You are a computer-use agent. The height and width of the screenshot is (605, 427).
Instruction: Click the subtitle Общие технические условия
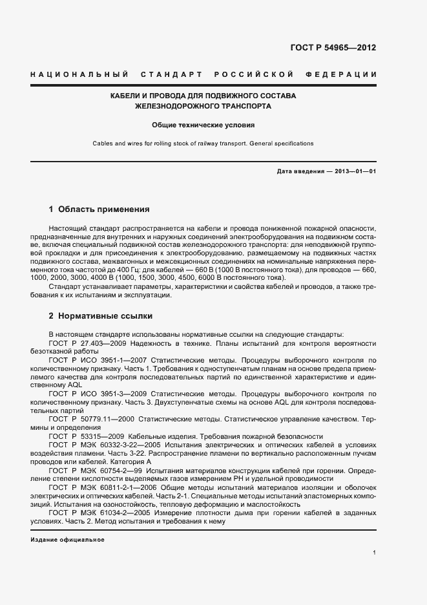(x=203, y=125)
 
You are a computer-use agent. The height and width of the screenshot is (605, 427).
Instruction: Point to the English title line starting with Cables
(x=203, y=143)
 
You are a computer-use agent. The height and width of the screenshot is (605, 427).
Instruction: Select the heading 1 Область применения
(x=99, y=209)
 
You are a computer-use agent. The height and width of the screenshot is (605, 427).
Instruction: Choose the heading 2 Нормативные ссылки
(x=101, y=317)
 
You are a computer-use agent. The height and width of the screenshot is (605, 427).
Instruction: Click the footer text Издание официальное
(x=67, y=539)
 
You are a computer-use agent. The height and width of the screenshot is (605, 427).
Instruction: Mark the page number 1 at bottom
(x=374, y=553)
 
